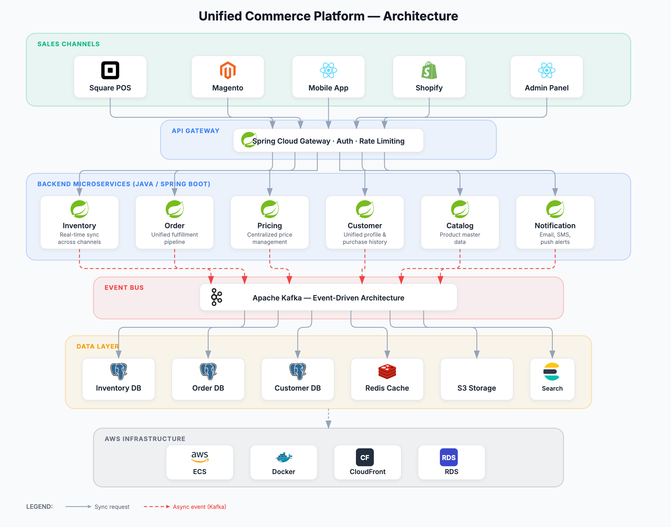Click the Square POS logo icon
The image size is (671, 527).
(x=110, y=70)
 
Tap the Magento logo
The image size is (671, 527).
(x=227, y=70)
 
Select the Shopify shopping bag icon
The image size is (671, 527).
(x=429, y=71)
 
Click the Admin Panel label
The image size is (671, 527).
(x=546, y=88)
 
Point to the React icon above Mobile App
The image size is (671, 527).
(x=329, y=70)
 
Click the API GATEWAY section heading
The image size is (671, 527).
(x=196, y=131)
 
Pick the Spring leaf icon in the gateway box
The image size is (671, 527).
(x=248, y=140)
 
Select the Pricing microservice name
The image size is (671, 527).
(x=269, y=225)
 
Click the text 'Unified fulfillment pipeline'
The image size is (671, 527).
(x=175, y=238)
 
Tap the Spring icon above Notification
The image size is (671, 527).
(x=555, y=209)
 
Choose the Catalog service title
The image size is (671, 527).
(x=460, y=225)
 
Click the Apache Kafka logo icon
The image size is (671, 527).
(x=217, y=297)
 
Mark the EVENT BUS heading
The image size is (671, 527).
(x=124, y=288)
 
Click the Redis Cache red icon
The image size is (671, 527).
(x=387, y=371)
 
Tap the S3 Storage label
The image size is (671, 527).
(x=477, y=388)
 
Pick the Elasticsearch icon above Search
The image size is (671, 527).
(x=552, y=372)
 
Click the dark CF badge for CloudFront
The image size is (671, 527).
(x=365, y=457)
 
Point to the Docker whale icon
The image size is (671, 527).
(x=284, y=457)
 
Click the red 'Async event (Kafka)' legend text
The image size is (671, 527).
(x=199, y=507)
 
